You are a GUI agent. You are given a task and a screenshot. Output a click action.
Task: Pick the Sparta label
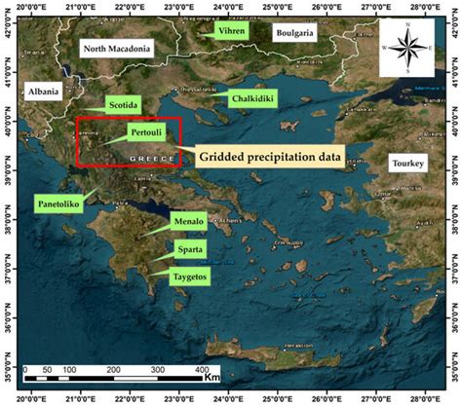click(x=189, y=249)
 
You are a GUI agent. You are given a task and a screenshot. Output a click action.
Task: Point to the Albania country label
click(x=44, y=92)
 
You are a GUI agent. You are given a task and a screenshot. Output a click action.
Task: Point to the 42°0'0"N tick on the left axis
click(x=9, y=32)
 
